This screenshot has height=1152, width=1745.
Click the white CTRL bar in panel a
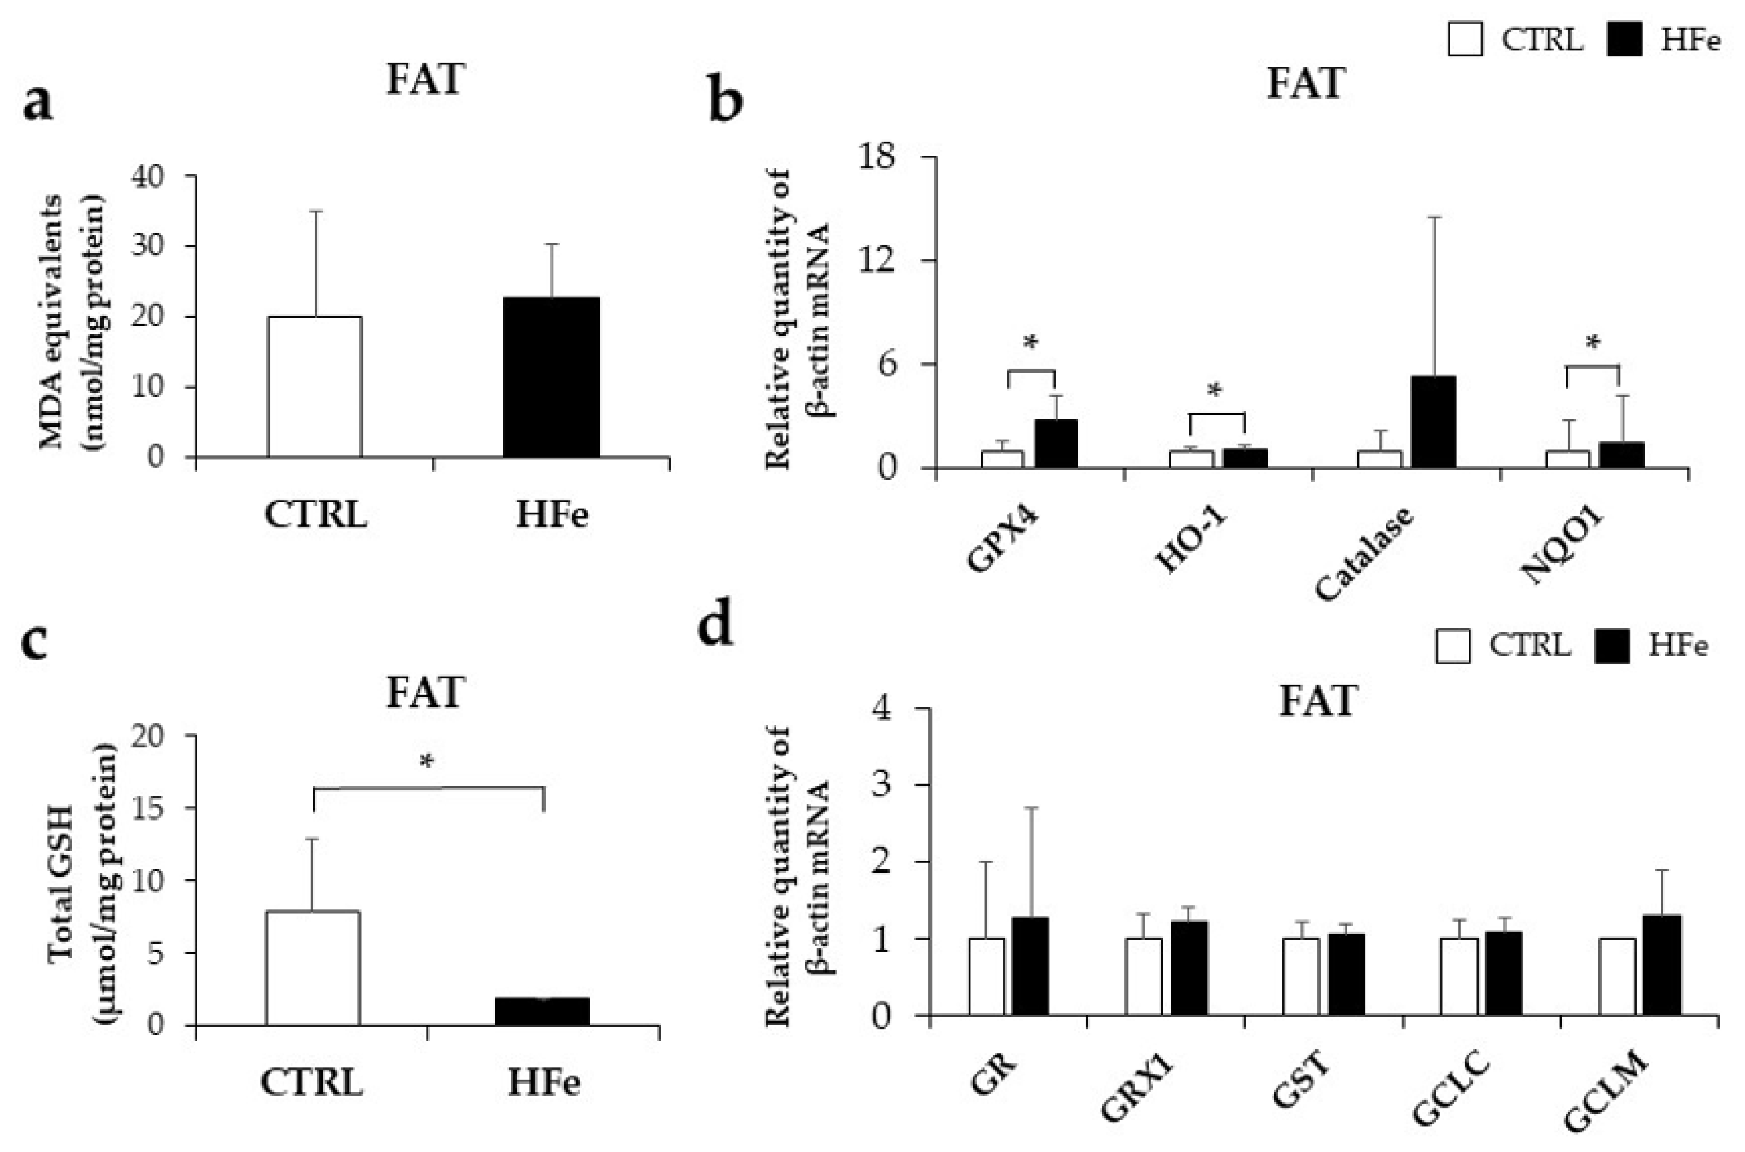(x=314, y=387)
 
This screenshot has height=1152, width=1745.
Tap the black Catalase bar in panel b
(x=1433, y=422)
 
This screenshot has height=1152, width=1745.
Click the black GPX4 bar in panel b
(x=1056, y=444)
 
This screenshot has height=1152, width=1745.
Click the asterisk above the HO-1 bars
(x=1215, y=390)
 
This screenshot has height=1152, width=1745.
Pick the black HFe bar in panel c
(x=542, y=1011)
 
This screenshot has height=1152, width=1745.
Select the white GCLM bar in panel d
(x=1616, y=976)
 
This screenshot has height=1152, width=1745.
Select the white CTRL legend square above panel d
(x=1452, y=646)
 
